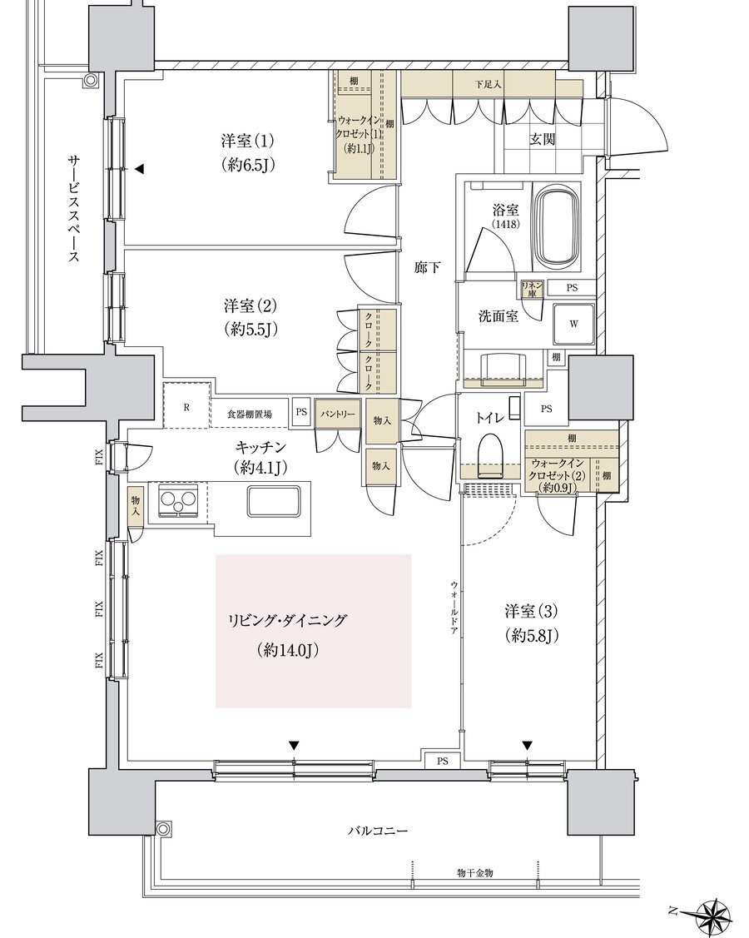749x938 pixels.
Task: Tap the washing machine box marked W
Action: [x=574, y=323]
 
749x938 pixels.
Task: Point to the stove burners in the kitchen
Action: [x=178, y=501]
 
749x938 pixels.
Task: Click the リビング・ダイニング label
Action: [x=287, y=620]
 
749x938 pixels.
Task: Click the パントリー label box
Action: [x=338, y=413]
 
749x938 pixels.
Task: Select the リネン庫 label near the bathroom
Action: [x=532, y=288]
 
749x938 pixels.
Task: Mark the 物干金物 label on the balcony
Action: [x=475, y=872]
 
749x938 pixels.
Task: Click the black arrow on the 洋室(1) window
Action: [x=140, y=170]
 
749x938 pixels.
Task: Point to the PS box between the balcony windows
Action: [x=442, y=760]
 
